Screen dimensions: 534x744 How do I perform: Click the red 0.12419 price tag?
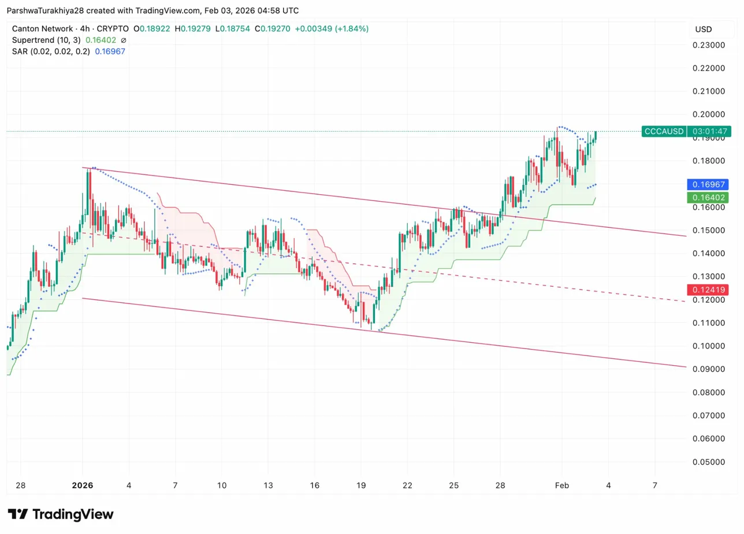point(708,289)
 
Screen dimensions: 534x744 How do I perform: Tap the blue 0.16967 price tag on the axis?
point(708,185)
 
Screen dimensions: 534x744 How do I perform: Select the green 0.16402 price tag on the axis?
point(708,198)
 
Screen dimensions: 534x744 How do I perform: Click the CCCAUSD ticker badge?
point(664,131)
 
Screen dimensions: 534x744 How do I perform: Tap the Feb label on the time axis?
point(562,485)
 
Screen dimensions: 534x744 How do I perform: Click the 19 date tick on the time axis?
point(362,485)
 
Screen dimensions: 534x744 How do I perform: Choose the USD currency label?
point(703,29)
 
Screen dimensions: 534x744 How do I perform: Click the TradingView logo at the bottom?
point(60,514)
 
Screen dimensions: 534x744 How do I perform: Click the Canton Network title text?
point(42,28)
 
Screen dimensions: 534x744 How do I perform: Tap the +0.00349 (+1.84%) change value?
point(332,28)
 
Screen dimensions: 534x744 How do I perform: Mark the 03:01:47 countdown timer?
point(709,131)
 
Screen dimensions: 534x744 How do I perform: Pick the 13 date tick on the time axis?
point(267,485)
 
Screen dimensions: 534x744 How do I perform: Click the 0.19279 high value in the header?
point(195,28)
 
